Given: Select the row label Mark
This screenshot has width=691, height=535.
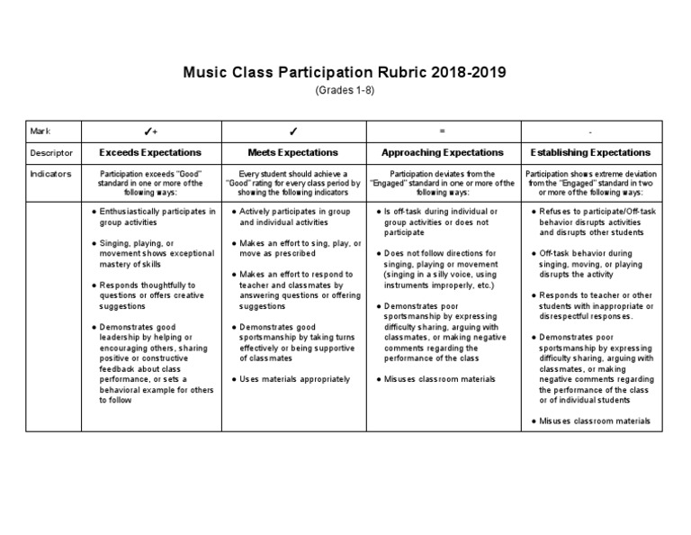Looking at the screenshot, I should pyautogui.click(x=40, y=131).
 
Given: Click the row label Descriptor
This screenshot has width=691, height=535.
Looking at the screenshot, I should pyautogui.click(x=50, y=153).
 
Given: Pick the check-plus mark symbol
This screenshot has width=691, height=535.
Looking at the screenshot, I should pyautogui.click(x=150, y=131).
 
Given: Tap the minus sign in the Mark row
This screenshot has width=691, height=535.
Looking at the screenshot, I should pyautogui.click(x=591, y=131).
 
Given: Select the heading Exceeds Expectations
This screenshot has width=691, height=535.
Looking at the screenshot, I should pyautogui.click(x=150, y=153).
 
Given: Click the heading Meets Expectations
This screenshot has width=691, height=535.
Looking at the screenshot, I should pyautogui.click(x=293, y=153).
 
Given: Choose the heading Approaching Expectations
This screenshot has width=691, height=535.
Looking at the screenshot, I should pyautogui.click(x=441, y=153).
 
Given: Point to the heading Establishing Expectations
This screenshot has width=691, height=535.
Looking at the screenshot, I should pyautogui.click(x=590, y=153).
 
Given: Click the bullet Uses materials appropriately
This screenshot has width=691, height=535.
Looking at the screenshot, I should pyautogui.click(x=295, y=379).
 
